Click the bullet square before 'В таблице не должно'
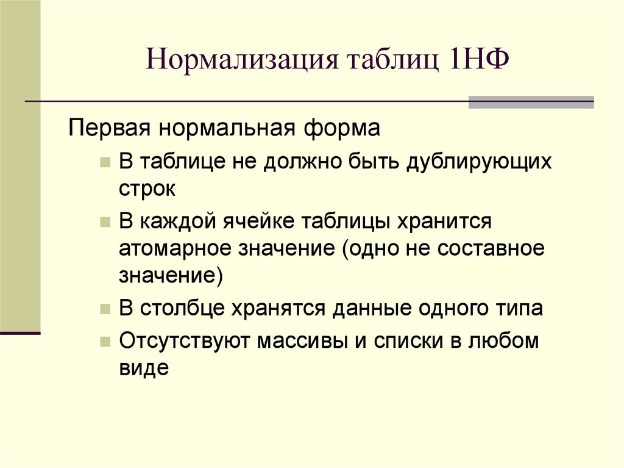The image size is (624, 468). (105, 164)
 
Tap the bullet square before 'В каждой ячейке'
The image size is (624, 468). (105, 222)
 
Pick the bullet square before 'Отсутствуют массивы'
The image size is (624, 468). (105, 341)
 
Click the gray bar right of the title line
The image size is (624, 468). (530, 102)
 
